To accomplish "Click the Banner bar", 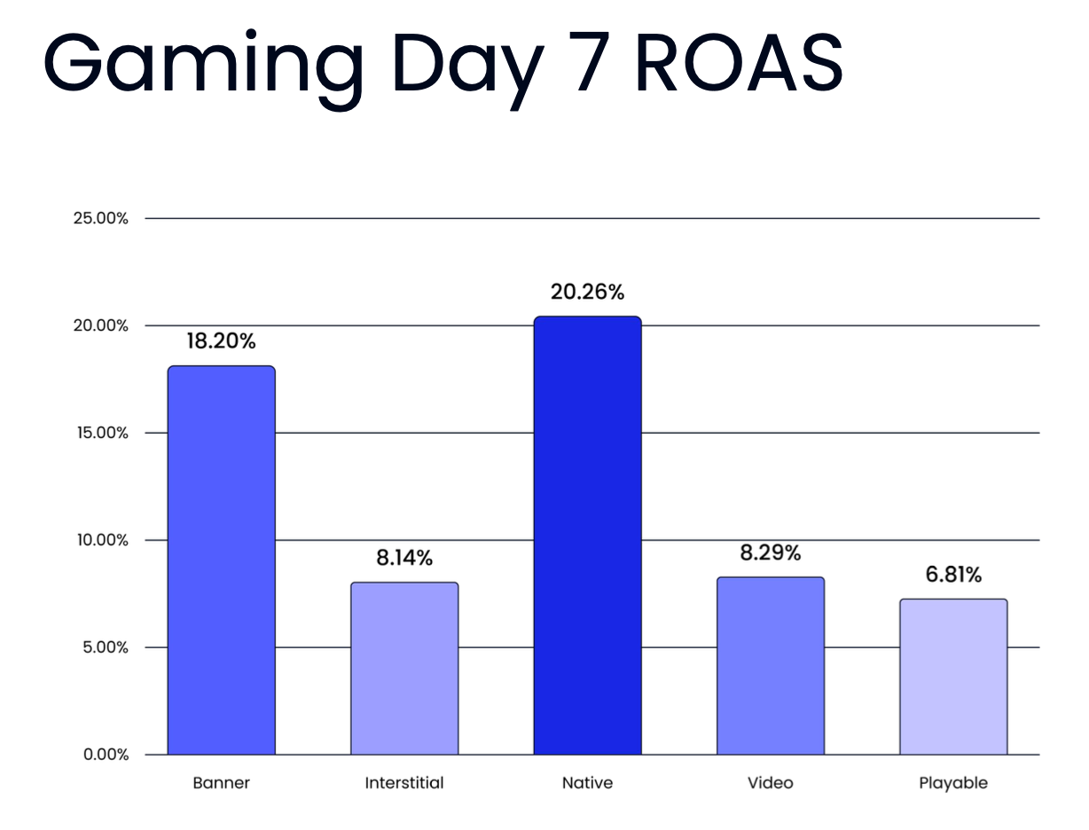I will [x=221, y=560].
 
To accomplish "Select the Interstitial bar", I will [x=404, y=668].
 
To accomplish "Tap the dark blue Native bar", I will [x=587, y=535].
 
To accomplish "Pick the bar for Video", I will [x=770, y=665].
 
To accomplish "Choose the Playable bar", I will [x=953, y=677].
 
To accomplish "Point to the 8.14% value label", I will [x=404, y=558].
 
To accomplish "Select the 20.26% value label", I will [x=587, y=292].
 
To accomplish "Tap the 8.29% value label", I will [x=771, y=552].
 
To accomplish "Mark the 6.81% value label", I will [x=953, y=575].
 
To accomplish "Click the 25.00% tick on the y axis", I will [x=100, y=218].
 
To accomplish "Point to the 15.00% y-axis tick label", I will [x=100, y=433].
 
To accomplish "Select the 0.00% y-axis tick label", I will [x=106, y=755].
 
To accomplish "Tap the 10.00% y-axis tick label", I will [x=100, y=540].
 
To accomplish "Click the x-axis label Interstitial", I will [x=404, y=783].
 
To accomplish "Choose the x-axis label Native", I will [x=587, y=783].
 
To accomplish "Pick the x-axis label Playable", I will [x=953, y=783].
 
